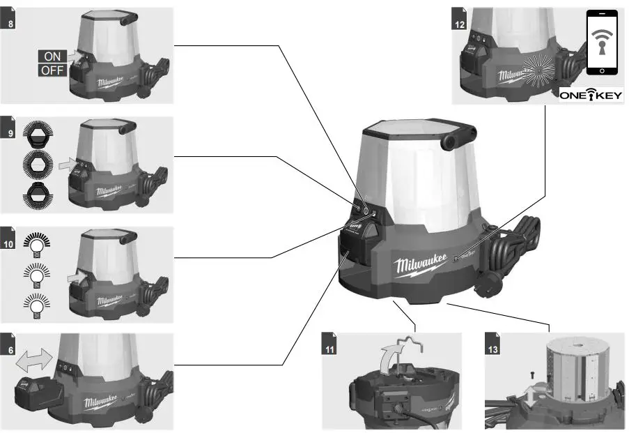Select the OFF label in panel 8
52,70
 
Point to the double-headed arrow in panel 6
34,363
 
